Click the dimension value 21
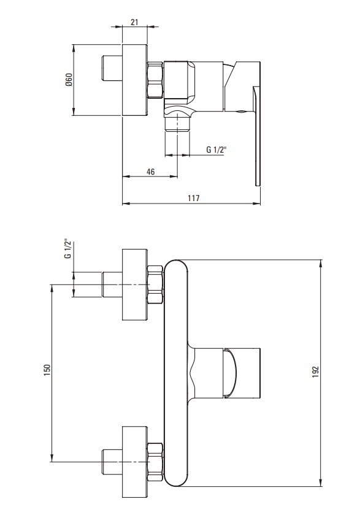(134, 22)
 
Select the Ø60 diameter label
(69, 80)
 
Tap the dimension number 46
(150, 172)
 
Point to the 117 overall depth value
(193, 198)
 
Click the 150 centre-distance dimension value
(47, 370)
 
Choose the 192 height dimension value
(316, 372)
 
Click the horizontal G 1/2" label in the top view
(216, 150)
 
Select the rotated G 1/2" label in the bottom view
(67, 248)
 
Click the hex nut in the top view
(155, 80)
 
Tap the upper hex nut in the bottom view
(155, 284)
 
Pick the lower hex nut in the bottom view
(155, 462)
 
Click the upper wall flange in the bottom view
(135, 284)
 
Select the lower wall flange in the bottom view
(135, 462)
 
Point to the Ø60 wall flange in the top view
(135, 80)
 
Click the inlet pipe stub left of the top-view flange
(112, 67)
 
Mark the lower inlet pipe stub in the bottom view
(112, 462)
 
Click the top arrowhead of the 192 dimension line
(321, 264)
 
